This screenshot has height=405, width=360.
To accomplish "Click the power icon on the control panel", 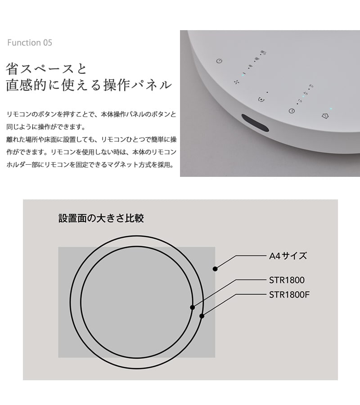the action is point(219,61).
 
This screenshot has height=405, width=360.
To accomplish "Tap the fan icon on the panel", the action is point(236,82).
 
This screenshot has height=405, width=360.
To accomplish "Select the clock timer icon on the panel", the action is point(292,111).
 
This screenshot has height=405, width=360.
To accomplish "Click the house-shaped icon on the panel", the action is point(325,116).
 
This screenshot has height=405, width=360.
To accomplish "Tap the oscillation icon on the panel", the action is point(261,99).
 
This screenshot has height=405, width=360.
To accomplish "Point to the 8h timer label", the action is point(311,86).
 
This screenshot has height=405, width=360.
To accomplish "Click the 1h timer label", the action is point(300,101).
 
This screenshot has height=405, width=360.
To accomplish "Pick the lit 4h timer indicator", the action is point(303,96).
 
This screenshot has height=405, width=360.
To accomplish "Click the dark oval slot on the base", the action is point(255,123).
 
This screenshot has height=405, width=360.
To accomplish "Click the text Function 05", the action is point(30,43).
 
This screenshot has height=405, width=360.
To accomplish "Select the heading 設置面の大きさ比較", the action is point(101,218).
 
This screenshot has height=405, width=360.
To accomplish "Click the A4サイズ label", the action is point(288,256).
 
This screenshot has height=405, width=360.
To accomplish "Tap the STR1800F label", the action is point(289,295).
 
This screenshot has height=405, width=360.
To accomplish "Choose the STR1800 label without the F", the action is point(287,280).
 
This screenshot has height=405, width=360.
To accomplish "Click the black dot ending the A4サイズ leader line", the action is point(215,269).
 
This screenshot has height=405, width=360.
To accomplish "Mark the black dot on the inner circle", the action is point(193,307).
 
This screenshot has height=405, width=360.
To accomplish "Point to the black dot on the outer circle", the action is point(202,316).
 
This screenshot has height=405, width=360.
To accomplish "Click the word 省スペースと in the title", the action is point(46,69).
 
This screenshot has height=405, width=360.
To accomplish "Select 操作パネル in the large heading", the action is point(138,85).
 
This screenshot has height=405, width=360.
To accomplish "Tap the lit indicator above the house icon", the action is point(331,109).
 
